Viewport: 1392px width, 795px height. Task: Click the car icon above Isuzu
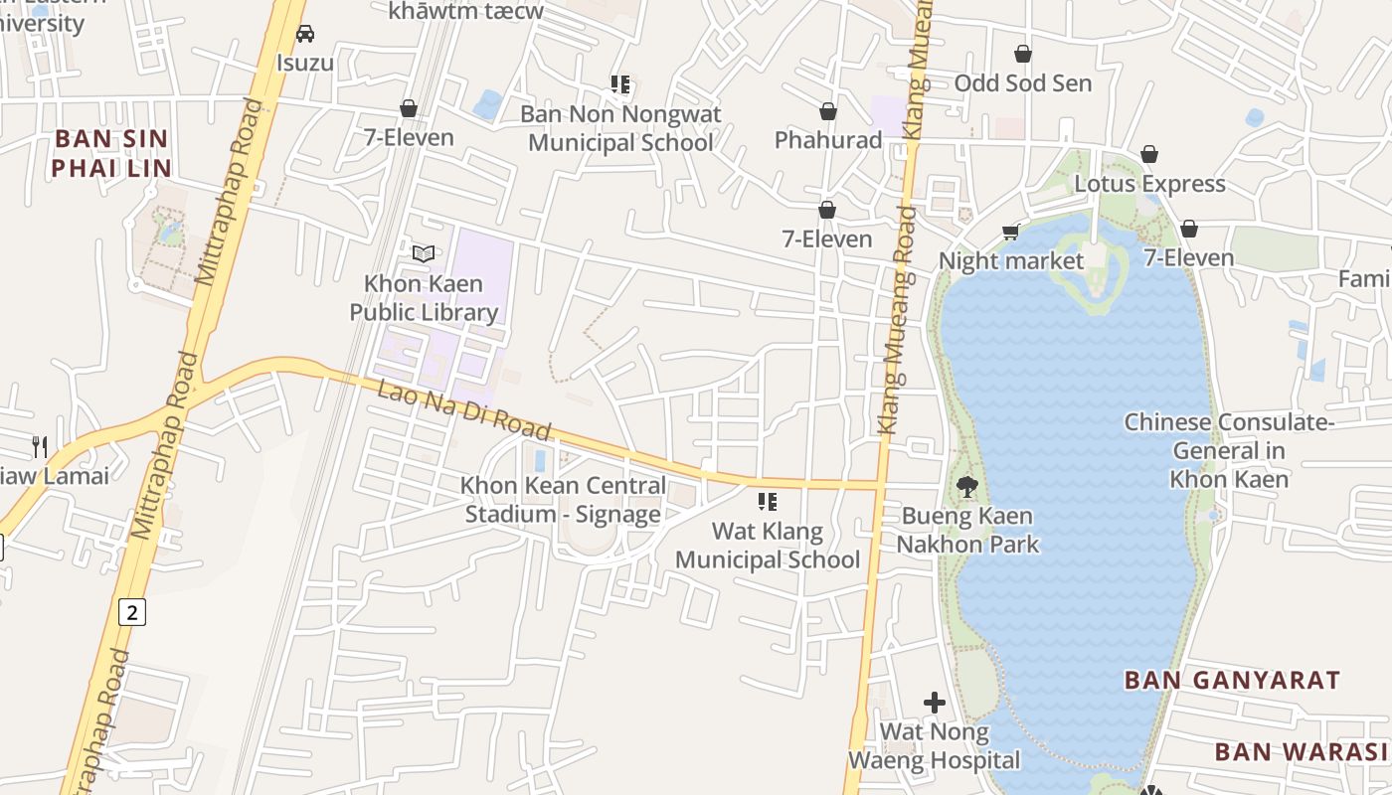305,34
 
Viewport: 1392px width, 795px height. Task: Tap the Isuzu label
305,64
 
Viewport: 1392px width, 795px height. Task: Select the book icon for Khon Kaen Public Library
424,253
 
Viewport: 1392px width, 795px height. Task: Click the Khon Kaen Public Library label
424,298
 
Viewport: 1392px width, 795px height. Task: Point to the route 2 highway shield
131,611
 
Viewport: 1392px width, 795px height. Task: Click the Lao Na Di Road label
463,409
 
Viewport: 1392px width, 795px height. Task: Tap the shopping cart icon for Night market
1011,233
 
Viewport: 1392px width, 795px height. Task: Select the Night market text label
1011,261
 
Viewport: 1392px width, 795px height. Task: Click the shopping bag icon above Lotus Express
1149,154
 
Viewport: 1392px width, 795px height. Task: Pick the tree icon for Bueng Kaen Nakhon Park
966,487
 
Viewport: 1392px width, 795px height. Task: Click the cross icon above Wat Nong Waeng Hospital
935,703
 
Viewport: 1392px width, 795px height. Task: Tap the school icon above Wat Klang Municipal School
767,502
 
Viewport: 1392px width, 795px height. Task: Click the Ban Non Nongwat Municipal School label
620,128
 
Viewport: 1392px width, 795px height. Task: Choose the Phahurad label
828,140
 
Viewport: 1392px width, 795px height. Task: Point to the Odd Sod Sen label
1023,83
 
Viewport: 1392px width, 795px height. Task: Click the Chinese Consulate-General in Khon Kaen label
1229,451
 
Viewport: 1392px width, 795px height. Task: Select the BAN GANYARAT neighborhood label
1232,681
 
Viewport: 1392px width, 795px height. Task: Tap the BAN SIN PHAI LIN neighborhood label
111,153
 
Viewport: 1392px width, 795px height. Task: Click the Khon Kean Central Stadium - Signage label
563,500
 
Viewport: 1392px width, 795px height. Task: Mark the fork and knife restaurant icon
40,446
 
